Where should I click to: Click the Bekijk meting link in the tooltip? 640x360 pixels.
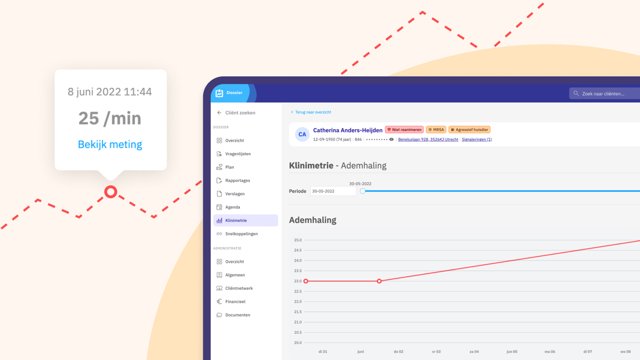(110, 145)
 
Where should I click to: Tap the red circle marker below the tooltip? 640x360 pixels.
(111, 192)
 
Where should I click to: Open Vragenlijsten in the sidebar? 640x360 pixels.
(238, 154)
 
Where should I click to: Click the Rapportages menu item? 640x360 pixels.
(237, 180)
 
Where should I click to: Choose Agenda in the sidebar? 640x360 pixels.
(232, 207)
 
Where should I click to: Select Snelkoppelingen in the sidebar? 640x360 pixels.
(241, 234)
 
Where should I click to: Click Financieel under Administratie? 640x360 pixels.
(235, 302)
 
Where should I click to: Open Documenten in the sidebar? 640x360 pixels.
(237, 315)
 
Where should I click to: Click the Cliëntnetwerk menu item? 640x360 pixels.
(239, 288)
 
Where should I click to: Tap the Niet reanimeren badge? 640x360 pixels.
(404, 130)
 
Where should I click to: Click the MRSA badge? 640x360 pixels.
(436, 130)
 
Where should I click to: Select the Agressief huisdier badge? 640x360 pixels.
(469, 130)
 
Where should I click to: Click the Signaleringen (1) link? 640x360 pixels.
(476, 139)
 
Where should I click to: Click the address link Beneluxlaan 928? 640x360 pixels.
(428, 139)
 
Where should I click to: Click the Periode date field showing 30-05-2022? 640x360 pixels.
(333, 191)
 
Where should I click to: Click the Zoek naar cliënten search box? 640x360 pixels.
(606, 93)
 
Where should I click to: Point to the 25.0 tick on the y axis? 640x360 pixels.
(298, 240)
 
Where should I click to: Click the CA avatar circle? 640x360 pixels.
(302, 134)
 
